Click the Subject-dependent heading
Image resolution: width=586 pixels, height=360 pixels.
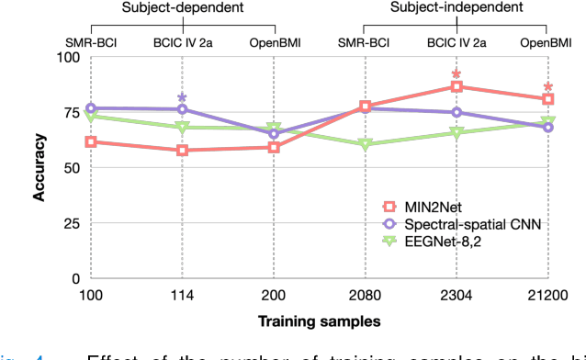point(182,8)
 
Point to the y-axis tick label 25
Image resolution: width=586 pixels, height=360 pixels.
point(71,223)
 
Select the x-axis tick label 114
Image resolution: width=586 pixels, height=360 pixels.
point(182,295)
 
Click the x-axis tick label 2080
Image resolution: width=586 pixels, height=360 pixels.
point(365,295)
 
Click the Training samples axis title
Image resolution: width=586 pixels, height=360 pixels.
point(319,321)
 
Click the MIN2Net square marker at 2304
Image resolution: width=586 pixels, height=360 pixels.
point(456,86)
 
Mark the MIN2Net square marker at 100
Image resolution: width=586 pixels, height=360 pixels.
point(91,141)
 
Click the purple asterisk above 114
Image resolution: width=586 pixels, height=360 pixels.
point(182,97)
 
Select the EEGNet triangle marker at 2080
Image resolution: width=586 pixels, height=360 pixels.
point(365,145)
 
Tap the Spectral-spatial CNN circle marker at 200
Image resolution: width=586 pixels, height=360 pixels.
point(274,134)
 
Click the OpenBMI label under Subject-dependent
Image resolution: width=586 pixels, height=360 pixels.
point(274,42)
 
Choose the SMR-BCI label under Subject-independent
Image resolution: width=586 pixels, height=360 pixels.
point(365,42)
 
